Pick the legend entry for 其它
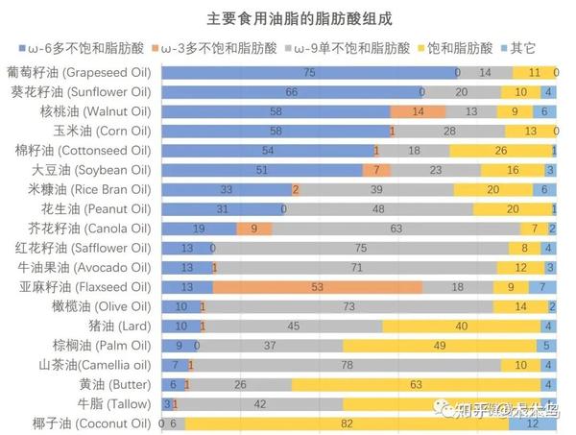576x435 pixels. click(523, 47)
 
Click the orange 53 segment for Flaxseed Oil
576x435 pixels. click(318, 287)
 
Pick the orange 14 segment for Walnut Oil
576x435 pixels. click(419, 111)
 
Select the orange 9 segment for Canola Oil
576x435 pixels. click(254, 229)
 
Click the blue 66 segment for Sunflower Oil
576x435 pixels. click(292, 92)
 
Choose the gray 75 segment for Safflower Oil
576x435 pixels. click(361, 248)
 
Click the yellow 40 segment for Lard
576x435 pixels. click(461, 326)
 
